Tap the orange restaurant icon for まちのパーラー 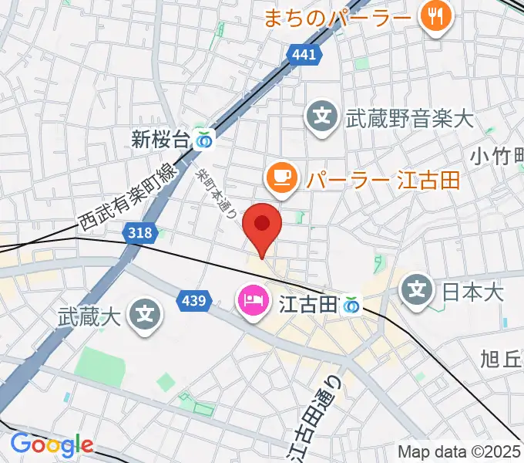tap(436, 16)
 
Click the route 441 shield tap(305, 55)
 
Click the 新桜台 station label tap(160, 140)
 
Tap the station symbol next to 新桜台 tap(205, 140)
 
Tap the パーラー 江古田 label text tap(383, 180)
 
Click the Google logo tap(52, 444)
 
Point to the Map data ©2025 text tap(459, 451)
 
